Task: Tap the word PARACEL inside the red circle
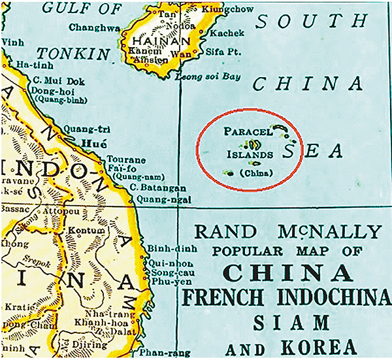coord(246,131)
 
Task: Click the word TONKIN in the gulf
coord(73,54)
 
